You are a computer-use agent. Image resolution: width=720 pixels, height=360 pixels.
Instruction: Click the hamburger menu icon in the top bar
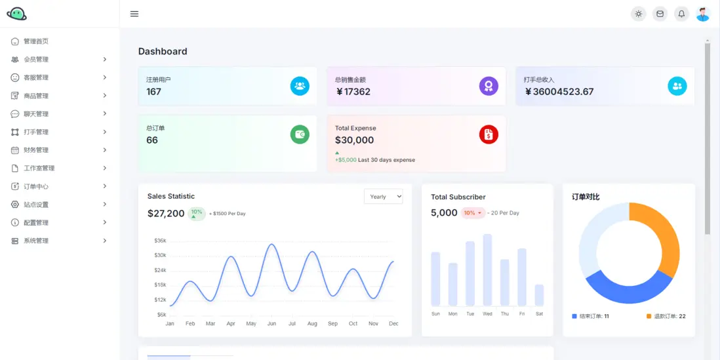pyautogui.click(x=134, y=14)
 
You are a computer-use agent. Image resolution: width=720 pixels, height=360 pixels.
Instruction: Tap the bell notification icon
pyautogui.click(x=681, y=14)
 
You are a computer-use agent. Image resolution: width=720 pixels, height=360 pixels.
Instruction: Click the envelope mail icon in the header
pyautogui.click(x=660, y=14)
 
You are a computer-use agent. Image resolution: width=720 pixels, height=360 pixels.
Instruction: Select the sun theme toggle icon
pyautogui.click(x=638, y=14)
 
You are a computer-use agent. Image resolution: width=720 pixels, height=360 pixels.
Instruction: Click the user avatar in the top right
pyautogui.click(x=703, y=14)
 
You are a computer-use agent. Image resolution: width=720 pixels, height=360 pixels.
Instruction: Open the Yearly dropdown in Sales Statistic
pyautogui.click(x=383, y=197)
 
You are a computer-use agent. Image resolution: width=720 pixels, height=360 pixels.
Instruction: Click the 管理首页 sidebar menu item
pyautogui.click(x=36, y=41)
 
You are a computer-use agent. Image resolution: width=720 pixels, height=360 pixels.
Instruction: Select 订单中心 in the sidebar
pyautogui.click(x=36, y=186)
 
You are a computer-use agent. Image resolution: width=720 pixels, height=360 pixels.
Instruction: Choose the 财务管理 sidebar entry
pyautogui.click(x=36, y=150)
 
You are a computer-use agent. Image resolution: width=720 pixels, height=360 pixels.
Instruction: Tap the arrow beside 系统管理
pyautogui.click(x=105, y=241)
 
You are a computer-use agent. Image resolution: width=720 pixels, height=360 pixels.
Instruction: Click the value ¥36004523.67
pyautogui.click(x=559, y=92)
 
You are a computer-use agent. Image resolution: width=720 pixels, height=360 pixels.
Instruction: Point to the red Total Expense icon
pyautogui.click(x=489, y=134)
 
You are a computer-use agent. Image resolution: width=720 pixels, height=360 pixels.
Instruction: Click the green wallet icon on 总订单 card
pyautogui.click(x=300, y=134)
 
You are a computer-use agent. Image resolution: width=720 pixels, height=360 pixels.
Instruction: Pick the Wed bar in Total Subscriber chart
pyautogui.click(x=487, y=270)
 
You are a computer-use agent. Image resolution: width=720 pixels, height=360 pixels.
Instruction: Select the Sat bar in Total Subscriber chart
pyautogui.click(x=539, y=295)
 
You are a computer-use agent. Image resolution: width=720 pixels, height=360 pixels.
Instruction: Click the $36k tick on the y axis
pyautogui.click(x=160, y=241)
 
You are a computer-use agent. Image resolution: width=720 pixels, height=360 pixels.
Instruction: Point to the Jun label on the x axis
pyautogui.click(x=271, y=324)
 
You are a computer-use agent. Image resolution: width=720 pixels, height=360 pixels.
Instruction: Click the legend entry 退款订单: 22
pyautogui.click(x=666, y=316)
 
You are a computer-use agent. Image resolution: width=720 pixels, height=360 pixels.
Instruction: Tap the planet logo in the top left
pyautogui.click(x=16, y=14)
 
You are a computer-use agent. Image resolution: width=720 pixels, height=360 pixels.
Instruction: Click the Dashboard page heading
pyautogui.click(x=163, y=51)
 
